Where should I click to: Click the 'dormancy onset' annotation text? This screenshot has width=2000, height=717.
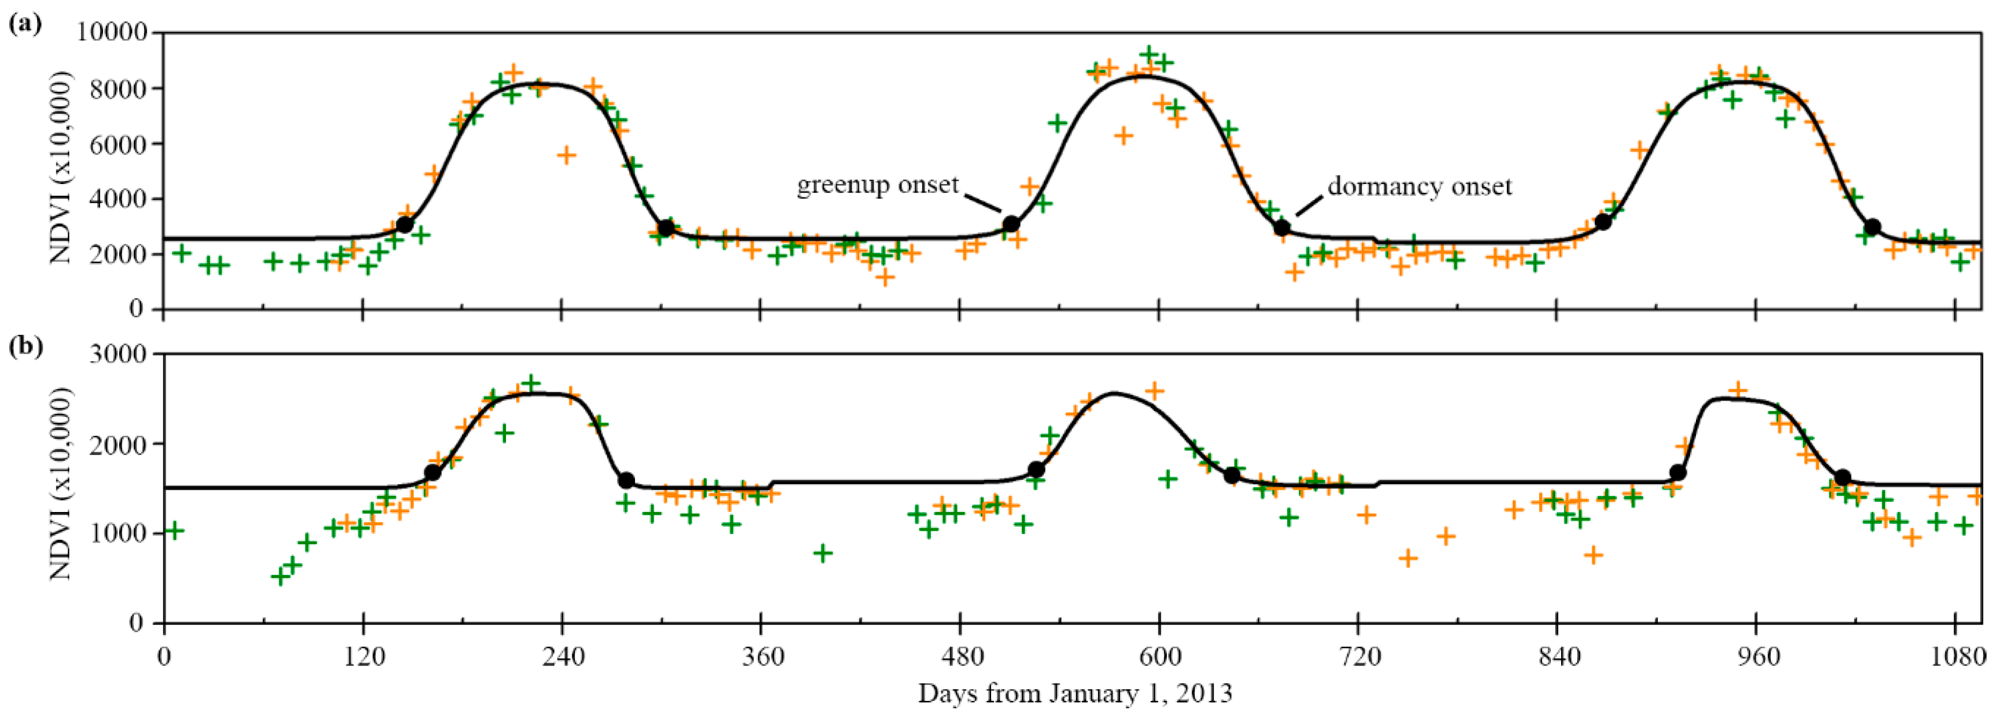[1420, 186]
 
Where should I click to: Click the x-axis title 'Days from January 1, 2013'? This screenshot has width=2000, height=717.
[1075, 693]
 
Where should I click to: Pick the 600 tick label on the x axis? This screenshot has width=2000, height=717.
[1159, 658]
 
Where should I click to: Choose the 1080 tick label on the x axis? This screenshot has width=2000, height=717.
[1955, 658]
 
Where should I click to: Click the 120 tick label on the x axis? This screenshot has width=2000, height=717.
[363, 658]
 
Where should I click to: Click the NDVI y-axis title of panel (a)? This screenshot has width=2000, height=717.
[61, 167]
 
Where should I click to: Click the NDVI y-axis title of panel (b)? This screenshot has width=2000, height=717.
[61, 485]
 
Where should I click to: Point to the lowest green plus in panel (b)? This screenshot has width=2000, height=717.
[280, 576]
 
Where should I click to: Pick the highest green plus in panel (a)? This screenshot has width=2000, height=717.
[1150, 54]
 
